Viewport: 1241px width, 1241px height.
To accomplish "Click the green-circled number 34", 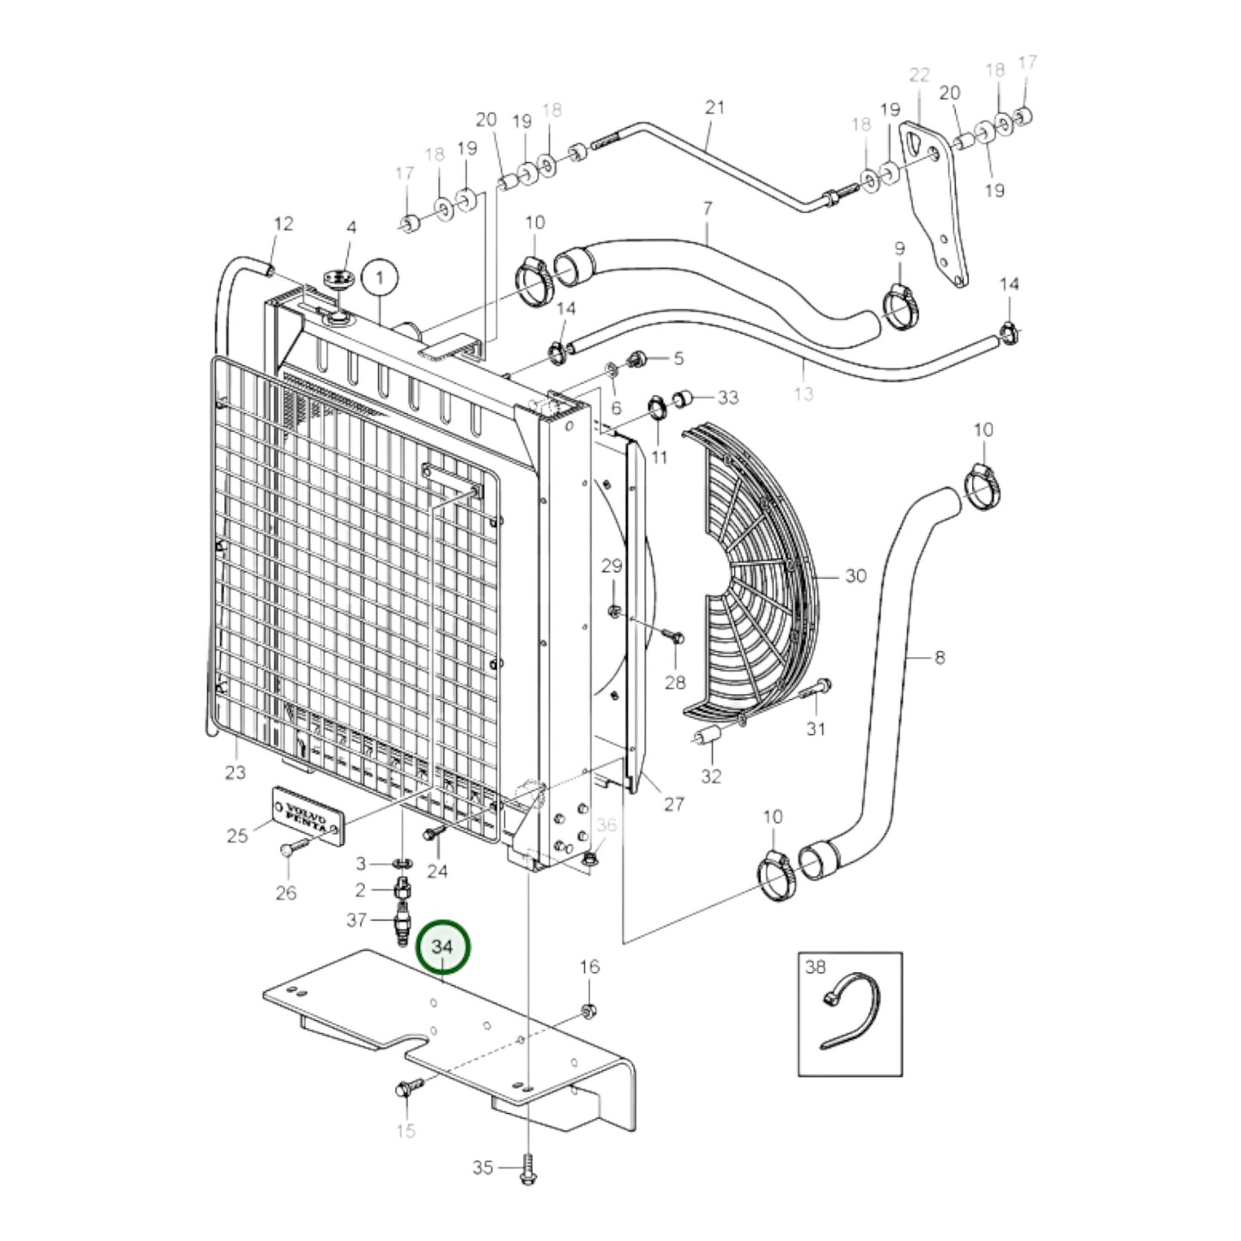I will click(x=442, y=946).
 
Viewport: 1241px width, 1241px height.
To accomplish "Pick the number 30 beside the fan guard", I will click(x=855, y=575).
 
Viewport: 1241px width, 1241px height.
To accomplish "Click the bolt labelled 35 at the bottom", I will click(x=525, y=1173).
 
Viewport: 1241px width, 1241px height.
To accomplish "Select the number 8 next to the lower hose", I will click(x=940, y=658).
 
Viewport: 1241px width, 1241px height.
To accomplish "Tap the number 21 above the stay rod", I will click(x=715, y=107).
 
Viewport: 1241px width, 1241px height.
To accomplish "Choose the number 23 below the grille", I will click(x=235, y=772).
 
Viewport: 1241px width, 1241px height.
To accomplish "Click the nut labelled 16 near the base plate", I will click(x=589, y=1011).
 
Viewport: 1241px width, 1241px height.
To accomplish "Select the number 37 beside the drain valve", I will click(x=356, y=920).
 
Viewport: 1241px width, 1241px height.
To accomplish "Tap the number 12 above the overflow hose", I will click(x=283, y=223).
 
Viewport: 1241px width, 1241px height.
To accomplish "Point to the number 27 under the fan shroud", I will click(x=674, y=803).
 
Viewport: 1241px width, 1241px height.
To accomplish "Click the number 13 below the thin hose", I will click(x=803, y=393).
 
